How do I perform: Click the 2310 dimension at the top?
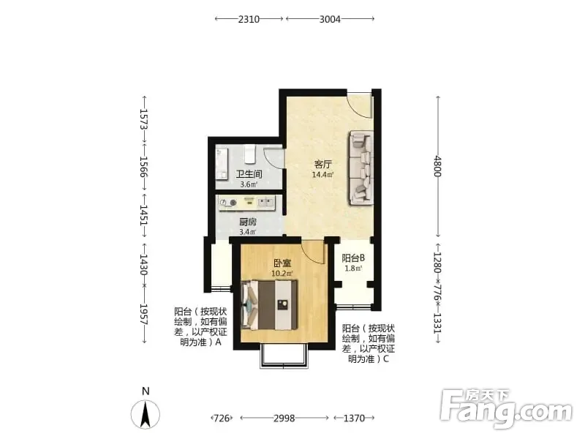tap(249, 19)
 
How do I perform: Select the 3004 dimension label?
tap(330, 19)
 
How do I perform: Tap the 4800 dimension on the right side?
tap(438, 167)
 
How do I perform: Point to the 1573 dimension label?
tap(144, 119)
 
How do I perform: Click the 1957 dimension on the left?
tap(144, 315)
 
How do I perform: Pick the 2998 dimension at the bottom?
tap(284, 418)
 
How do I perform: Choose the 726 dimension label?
tap(222, 418)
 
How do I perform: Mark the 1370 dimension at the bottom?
tap(354, 418)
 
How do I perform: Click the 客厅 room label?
tap(322, 164)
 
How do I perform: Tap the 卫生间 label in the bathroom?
tap(249, 174)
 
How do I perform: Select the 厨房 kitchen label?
tap(248, 222)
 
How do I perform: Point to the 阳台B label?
tap(353, 258)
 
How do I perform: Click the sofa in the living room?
tap(361, 168)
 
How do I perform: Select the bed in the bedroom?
tap(269, 304)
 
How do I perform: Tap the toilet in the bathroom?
tap(249, 154)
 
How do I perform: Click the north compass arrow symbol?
tap(146, 413)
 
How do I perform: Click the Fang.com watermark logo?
tap(505, 409)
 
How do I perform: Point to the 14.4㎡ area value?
tap(322, 174)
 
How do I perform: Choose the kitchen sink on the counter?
tap(265, 203)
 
